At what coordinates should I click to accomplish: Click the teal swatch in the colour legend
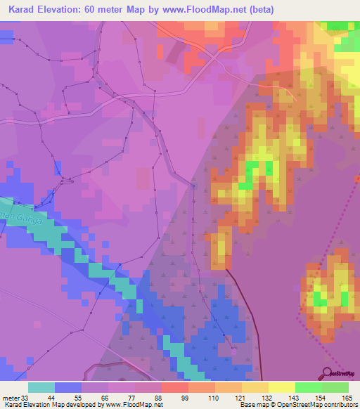(41, 387)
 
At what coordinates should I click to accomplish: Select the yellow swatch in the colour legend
(281, 387)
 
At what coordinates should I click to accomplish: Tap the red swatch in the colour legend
(174, 387)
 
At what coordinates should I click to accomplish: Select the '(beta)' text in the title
(257, 9)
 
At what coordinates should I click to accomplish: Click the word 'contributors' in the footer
(340, 405)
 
